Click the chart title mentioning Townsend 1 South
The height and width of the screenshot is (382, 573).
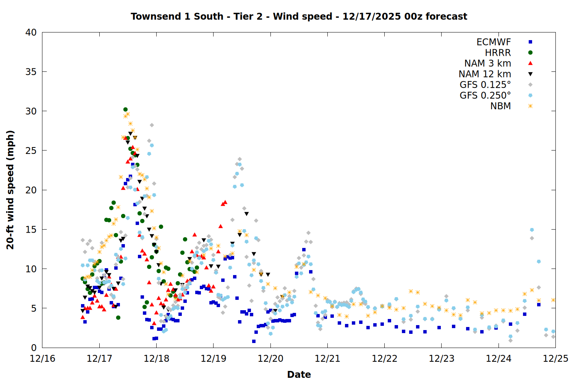click(x=299, y=16)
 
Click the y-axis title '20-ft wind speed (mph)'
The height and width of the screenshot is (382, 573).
click(x=10, y=190)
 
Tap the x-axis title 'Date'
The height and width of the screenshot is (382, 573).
click(x=299, y=374)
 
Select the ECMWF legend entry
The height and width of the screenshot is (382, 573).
click(x=494, y=42)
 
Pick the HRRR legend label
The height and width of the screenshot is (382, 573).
click(x=498, y=53)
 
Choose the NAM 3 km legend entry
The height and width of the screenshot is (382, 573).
click(x=487, y=63)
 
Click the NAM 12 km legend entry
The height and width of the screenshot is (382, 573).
click(x=485, y=74)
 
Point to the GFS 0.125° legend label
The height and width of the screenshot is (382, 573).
click(x=485, y=85)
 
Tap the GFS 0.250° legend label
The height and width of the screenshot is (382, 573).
click(x=485, y=95)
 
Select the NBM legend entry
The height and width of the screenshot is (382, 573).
click(x=500, y=106)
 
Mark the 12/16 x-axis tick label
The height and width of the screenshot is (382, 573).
click(x=42, y=359)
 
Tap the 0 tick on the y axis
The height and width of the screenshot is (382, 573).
click(x=34, y=348)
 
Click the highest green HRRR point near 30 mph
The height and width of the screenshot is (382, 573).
click(x=125, y=110)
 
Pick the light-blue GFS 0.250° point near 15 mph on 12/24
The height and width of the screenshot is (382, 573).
click(x=532, y=230)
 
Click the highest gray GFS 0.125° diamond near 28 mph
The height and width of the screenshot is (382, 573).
click(x=152, y=125)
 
